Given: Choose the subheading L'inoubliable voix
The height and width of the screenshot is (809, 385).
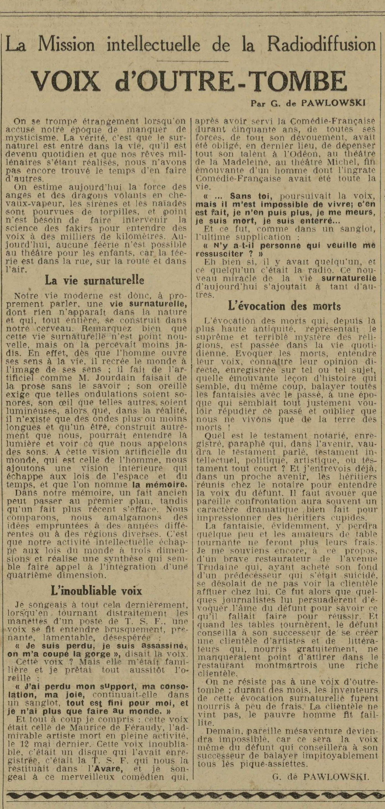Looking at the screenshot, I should tap(96, 591).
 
